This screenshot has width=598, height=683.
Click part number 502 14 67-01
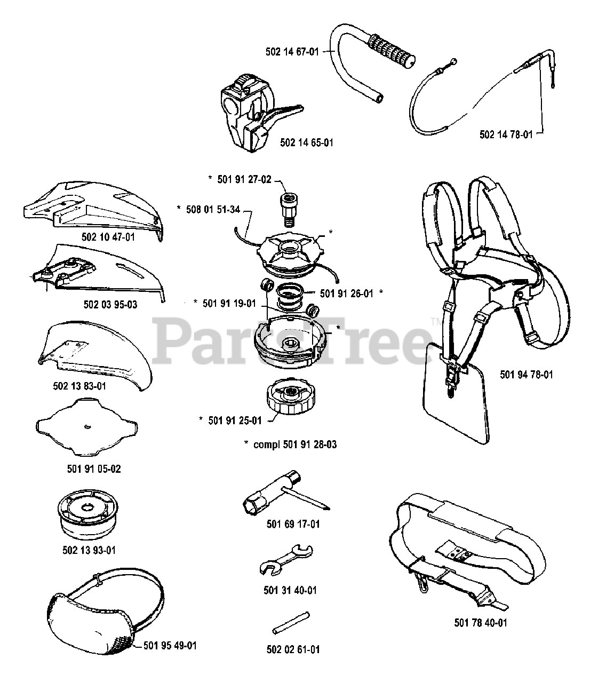pos(292,52)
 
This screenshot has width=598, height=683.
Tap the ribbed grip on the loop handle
pos(391,47)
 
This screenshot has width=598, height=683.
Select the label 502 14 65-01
pos(307,143)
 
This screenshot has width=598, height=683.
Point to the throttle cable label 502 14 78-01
pos(506,135)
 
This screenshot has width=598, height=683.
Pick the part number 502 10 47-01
pos(109,236)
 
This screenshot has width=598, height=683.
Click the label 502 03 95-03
pos(110,305)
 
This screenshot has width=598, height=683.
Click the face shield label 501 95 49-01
pos(171,646)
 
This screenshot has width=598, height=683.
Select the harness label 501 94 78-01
pos(527,375)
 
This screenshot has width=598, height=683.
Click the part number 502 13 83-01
pos(79,386)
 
